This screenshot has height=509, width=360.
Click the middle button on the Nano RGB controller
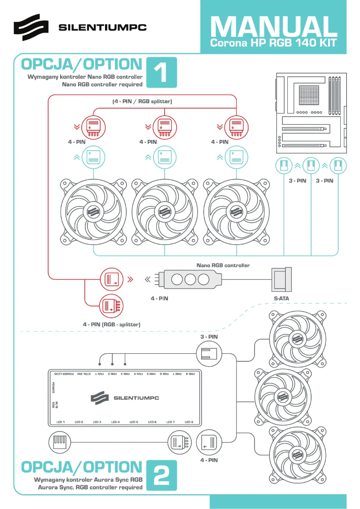click(191, 280)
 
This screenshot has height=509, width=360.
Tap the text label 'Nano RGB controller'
click(223, 265)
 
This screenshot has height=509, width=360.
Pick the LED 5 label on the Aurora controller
click(134, 422)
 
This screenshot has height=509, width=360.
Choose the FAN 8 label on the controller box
click(191, 373)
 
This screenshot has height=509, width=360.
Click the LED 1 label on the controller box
click(61, 422)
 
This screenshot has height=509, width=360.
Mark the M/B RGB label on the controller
click(54, 404)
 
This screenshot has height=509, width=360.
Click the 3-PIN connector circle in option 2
click(209, 352)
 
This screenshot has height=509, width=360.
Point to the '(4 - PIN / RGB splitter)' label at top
click(142, 101)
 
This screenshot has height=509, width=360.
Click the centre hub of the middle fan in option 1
click(164, 211)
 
